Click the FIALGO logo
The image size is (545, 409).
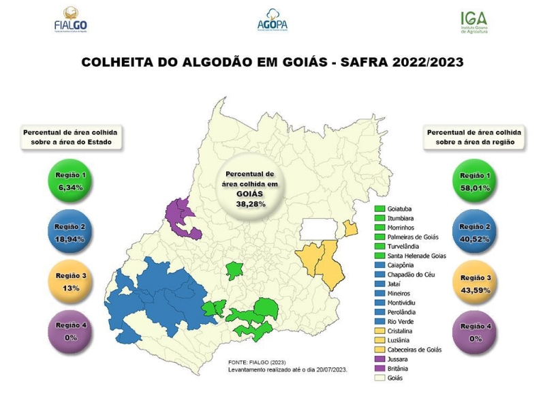71,20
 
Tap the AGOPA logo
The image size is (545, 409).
272,20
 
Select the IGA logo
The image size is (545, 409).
474,21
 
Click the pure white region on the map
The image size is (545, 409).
321,229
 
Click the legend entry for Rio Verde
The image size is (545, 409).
399,321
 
